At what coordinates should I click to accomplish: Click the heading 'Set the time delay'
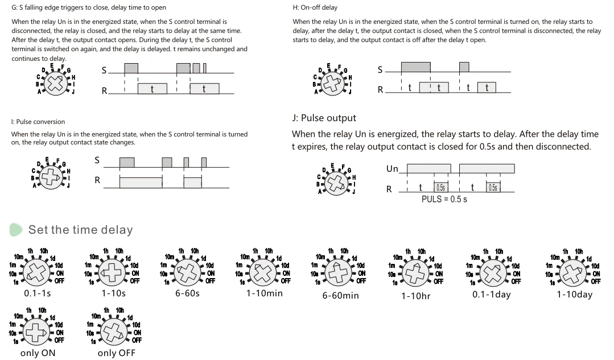(x=80, y=230)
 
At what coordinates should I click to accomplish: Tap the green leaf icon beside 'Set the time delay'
(x=17, y=229)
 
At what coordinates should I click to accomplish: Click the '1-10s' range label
(x=114, y=293)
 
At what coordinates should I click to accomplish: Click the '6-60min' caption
(x=340, y=295)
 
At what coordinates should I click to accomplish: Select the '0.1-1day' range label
(x=492, y=295)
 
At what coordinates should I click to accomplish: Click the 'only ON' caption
(x=38, y=353)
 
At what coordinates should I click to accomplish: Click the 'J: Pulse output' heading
(x=324, y=118)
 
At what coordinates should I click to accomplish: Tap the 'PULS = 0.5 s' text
(x=444, y=200)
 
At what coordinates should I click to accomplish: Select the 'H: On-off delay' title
(x=315, y=7)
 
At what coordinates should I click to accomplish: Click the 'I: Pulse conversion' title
(x=38, y=122)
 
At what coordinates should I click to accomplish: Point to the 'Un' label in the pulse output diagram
(x=392, y=168)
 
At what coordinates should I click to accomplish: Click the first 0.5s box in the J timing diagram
(x=440, y=188)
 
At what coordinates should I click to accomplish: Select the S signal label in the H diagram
(x=380, y=70)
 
